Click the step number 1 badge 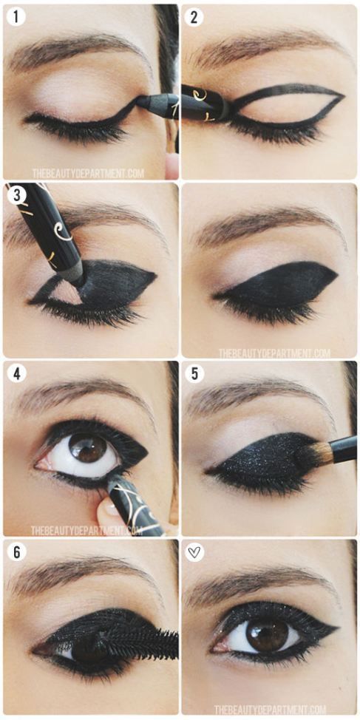pyautogui.click(x=16, y=16)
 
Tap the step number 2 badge pyautogui.click(x=194, y=16)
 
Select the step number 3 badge pyautogui.click(x=16, y=196)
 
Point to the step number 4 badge pyautogui.click(x=16, y=373)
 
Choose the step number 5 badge pyautogui.click(x=194, y=373)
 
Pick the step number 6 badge pyautogui.click(x=16, y=552)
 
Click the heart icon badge pyautogui.click(x=194, y=552)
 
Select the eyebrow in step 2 pyautogui.click(x=266, y=46)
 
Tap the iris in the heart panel pyautogui.click(x=266, y=634)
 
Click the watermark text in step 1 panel pyautogui.click(x=98, y=174)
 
